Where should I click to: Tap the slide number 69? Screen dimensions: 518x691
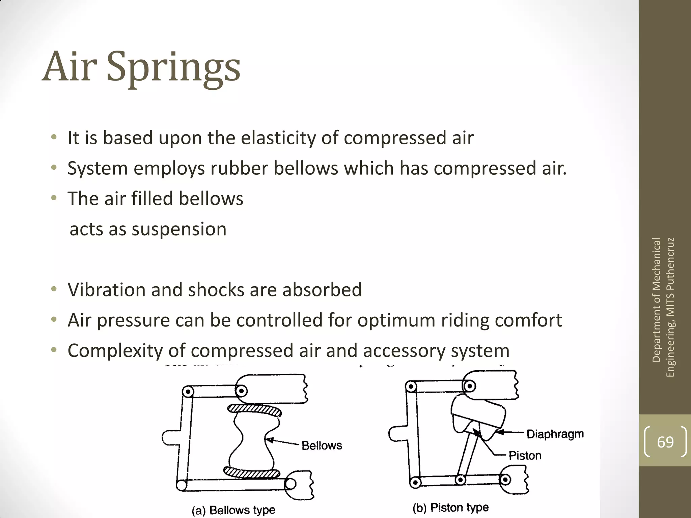pyautogui.click(x=665, y=442)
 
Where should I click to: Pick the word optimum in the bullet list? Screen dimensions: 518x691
pyautogui.click(x=396, y=320)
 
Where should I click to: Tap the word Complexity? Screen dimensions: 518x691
pyautogui.click(x=115, y=351)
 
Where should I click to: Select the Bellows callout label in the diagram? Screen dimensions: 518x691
pyautogui.click(x=322, y=445)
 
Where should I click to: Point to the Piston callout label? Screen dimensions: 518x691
pyautogui.click(x=525, y=456)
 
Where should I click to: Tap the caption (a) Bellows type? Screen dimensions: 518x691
pyautogui.click(x=233, y=510)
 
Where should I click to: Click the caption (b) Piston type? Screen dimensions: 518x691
pyautogui.click(x=450, y=508)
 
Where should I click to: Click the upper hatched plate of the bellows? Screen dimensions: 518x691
pyautogui.click(x=254, y=409)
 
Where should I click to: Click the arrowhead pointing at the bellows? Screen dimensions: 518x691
pyautogui.click(x=269, y=439)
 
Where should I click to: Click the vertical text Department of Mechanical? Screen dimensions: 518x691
pyautogui.click(x=656, y=300)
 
